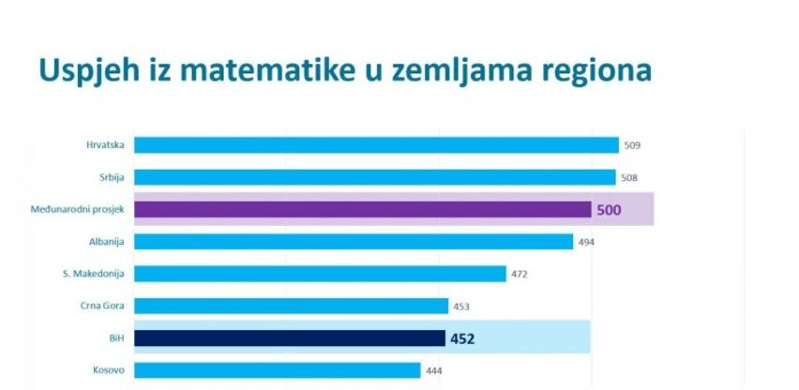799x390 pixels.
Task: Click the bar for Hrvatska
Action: (376, 145)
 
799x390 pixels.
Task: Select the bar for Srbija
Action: (375, 177)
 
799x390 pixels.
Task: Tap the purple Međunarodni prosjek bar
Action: (362, 209)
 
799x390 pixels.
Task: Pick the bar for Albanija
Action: (354, 242)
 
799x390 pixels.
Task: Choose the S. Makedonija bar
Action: (321, 274)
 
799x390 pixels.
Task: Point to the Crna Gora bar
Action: (291, 306)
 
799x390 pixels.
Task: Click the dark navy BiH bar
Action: (289, 337)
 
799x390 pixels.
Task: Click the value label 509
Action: (633, 145)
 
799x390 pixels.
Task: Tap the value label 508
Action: (630, 177)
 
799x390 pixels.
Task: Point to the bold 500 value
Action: (609, 210)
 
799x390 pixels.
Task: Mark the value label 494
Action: (586, 242)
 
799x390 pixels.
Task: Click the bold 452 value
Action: (461, 338)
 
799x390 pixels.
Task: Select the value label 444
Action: (434, 370)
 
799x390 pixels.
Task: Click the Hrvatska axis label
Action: (106, 145)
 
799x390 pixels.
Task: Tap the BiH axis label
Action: (116, 337)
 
